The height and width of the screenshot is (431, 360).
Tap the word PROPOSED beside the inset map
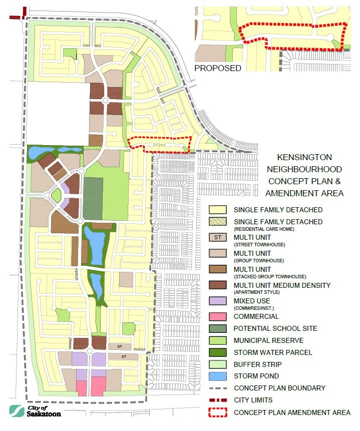coord(217,68)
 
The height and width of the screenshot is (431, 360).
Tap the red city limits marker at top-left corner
coord(15,17)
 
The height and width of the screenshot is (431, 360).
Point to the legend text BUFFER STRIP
coord(257,364)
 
